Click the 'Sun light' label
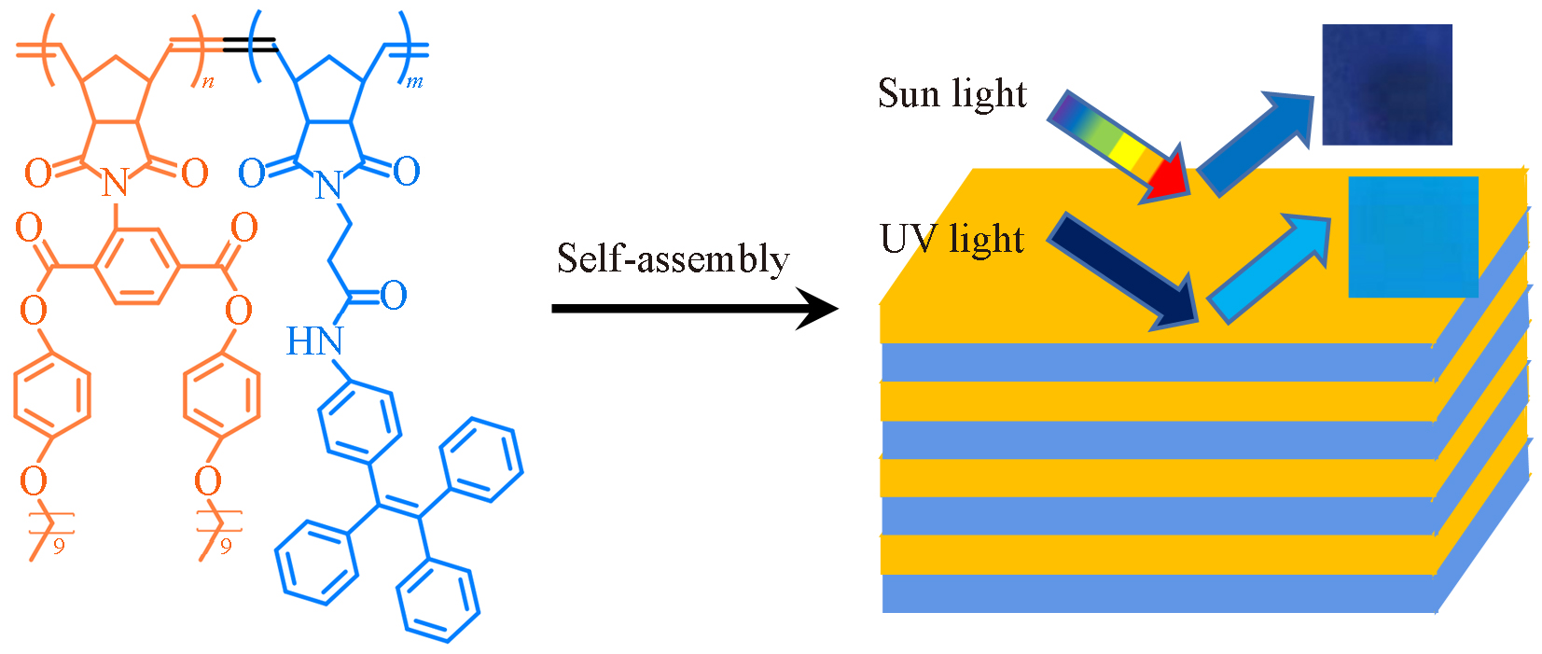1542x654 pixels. [952, 94]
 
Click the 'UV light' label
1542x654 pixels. [952, 240]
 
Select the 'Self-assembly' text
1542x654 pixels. [673, 259]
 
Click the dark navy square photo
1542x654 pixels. [1386, 85]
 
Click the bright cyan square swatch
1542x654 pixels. [1412, 237]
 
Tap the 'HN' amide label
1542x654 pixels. [313, 342]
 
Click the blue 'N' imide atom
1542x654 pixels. [327, 186]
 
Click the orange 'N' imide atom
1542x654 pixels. [115, 183]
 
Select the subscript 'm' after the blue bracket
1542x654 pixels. [414, 82]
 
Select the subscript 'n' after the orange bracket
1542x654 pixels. [207, 82]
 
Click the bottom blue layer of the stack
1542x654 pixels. [1157, 593]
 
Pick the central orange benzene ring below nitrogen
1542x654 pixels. [135, 268]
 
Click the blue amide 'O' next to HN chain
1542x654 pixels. [394, 296]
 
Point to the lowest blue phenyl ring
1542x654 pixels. [438, 599]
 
